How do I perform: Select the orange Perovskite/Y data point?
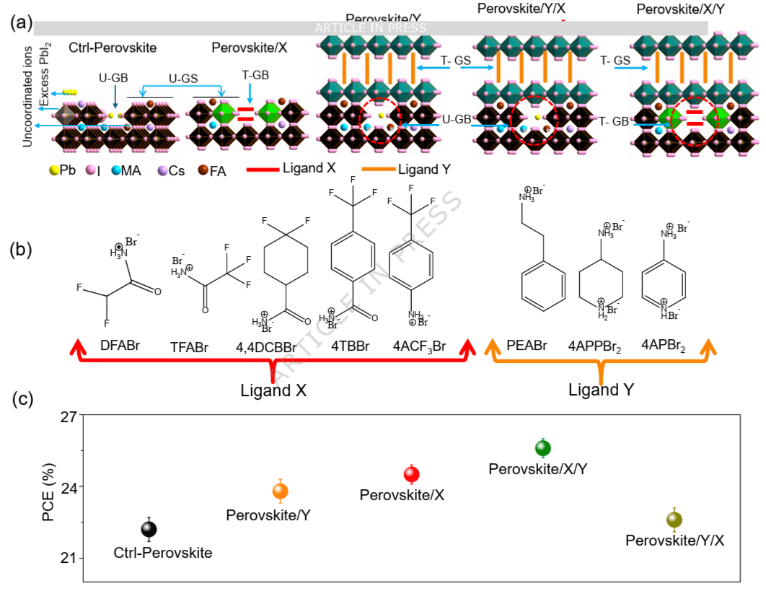[x=280, y=491]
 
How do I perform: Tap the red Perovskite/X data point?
[x=412, y=474]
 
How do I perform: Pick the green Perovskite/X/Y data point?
[x=543, y=448]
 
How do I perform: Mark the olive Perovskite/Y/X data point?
[x=674, y=519]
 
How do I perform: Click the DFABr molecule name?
[x=120, y=346]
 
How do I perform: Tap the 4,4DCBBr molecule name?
[x=265, y=346]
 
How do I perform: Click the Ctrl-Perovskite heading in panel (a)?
[x=113, y=48]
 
